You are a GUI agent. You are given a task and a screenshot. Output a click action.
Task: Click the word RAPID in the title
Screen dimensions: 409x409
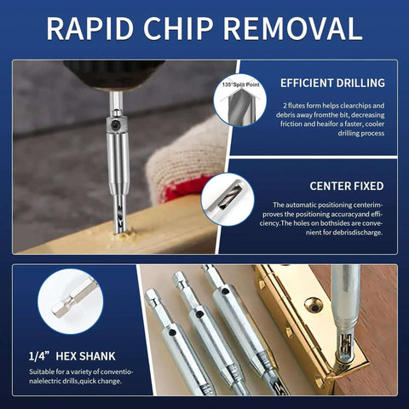click(x=90, y=28)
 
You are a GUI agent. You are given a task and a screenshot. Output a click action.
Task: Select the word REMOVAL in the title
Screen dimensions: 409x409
click(x=293, y=28)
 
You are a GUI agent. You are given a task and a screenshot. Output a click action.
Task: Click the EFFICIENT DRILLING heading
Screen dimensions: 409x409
click(x=332, y=83)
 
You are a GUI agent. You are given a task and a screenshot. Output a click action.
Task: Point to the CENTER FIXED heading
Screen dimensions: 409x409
click(x=347, y=187)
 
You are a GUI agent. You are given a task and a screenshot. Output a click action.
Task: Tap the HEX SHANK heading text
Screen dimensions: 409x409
click(x=85, y=356)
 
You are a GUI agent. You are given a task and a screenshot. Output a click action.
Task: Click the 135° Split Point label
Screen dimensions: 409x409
click(x=241, y=84)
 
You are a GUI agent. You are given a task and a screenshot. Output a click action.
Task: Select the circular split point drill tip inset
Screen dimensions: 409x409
click(x=240, y=100)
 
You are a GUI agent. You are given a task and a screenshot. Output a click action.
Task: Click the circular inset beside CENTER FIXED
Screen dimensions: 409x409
click(x=228, y=199)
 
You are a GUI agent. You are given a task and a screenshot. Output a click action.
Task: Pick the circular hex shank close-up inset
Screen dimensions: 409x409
click(x=71, y=302)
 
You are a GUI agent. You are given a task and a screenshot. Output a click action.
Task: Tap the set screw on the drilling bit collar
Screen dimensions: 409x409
click(x=116, y=124)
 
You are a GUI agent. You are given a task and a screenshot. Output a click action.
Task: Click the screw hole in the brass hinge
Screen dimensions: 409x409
click(x=313, y=306)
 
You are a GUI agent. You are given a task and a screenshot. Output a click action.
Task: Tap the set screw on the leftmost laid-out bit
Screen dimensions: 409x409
click(x=171, y=332)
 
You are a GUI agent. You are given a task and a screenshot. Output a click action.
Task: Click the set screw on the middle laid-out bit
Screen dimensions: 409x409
click(x=199, y=314)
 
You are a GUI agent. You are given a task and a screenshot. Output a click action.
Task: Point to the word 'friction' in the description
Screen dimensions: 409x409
click(x=291, y=124)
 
